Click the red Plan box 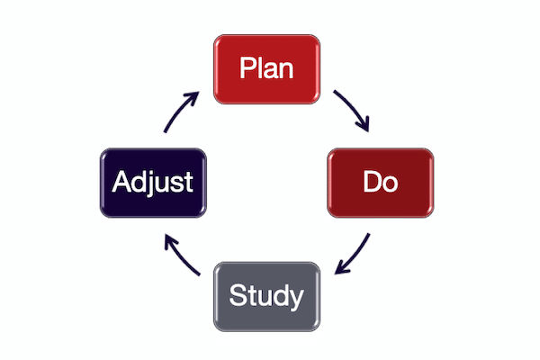coord(266,69)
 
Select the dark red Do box coord(381,182)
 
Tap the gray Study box coord(266,294)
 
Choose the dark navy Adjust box coord(152,182)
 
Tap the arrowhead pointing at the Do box coord(367,127)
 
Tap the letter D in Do coord(372,182)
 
